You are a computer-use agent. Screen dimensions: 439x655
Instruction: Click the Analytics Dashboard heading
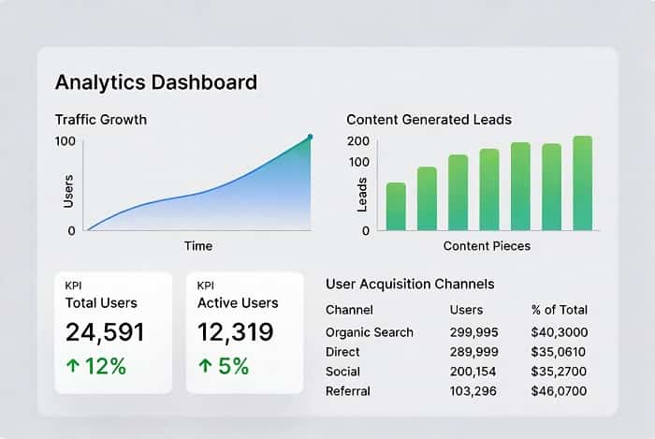point(155,81)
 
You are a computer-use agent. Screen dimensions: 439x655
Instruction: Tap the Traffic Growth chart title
point(100,120)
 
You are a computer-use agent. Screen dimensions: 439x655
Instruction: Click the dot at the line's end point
point(310,137)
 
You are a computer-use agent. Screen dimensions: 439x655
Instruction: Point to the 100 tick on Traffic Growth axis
point(65,141)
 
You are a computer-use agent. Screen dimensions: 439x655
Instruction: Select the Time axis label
point(198,246)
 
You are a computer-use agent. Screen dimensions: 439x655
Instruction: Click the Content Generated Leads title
point(429,120)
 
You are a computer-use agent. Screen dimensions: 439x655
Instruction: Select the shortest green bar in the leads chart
point(396,206)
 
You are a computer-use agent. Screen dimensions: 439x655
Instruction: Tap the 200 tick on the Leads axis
point(358,141)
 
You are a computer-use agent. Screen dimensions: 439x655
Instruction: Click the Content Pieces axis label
point(486,246)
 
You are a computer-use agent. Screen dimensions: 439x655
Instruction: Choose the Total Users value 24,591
point(104,332)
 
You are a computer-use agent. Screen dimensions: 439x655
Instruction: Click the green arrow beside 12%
point(73,366)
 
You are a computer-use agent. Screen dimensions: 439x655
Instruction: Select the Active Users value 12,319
point(236,332)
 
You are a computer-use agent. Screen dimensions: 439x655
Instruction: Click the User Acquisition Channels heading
point(410,284)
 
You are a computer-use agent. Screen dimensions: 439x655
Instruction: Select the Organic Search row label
point(370,332)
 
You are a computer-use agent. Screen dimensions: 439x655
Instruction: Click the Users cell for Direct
point(473,352)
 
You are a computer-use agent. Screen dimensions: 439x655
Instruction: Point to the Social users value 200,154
point(473,372)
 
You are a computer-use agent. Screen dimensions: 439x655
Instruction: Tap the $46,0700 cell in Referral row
point(559,391)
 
